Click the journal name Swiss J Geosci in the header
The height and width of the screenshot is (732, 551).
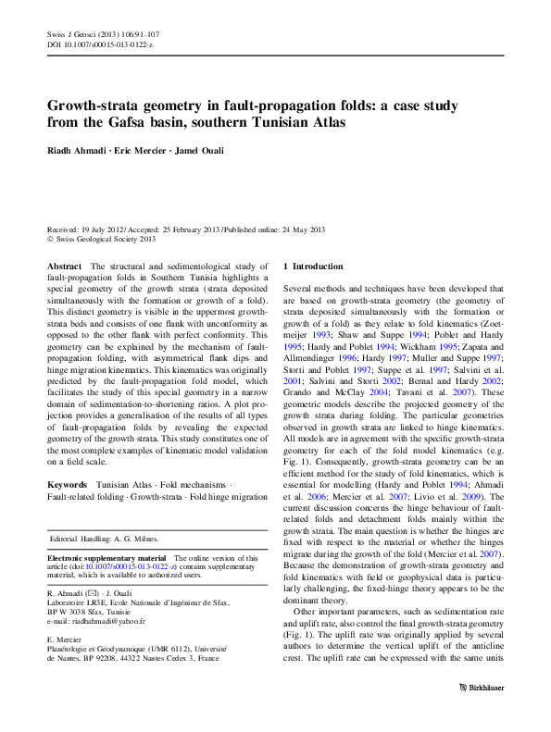coord(71,33)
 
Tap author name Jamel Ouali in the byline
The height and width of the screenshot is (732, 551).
coord(203,149)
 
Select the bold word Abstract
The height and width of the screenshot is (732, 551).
coord(66,267)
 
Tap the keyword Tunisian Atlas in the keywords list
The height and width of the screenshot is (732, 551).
coord(126,486)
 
